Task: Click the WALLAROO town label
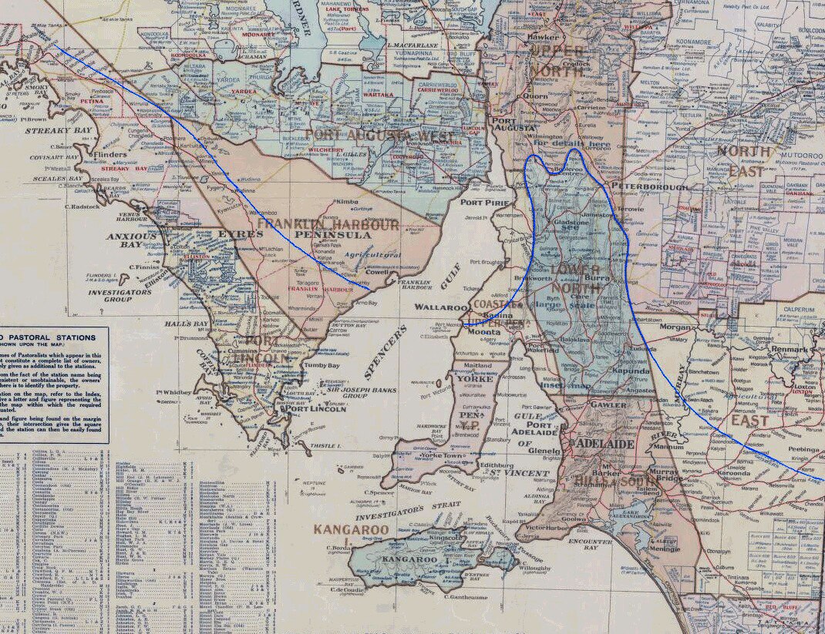pyautogui.click(x=439, y=307)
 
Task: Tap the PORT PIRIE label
pyautogui.click(x=482, y=203)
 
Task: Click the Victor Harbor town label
pyautogui.click(x=548, y=528)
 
